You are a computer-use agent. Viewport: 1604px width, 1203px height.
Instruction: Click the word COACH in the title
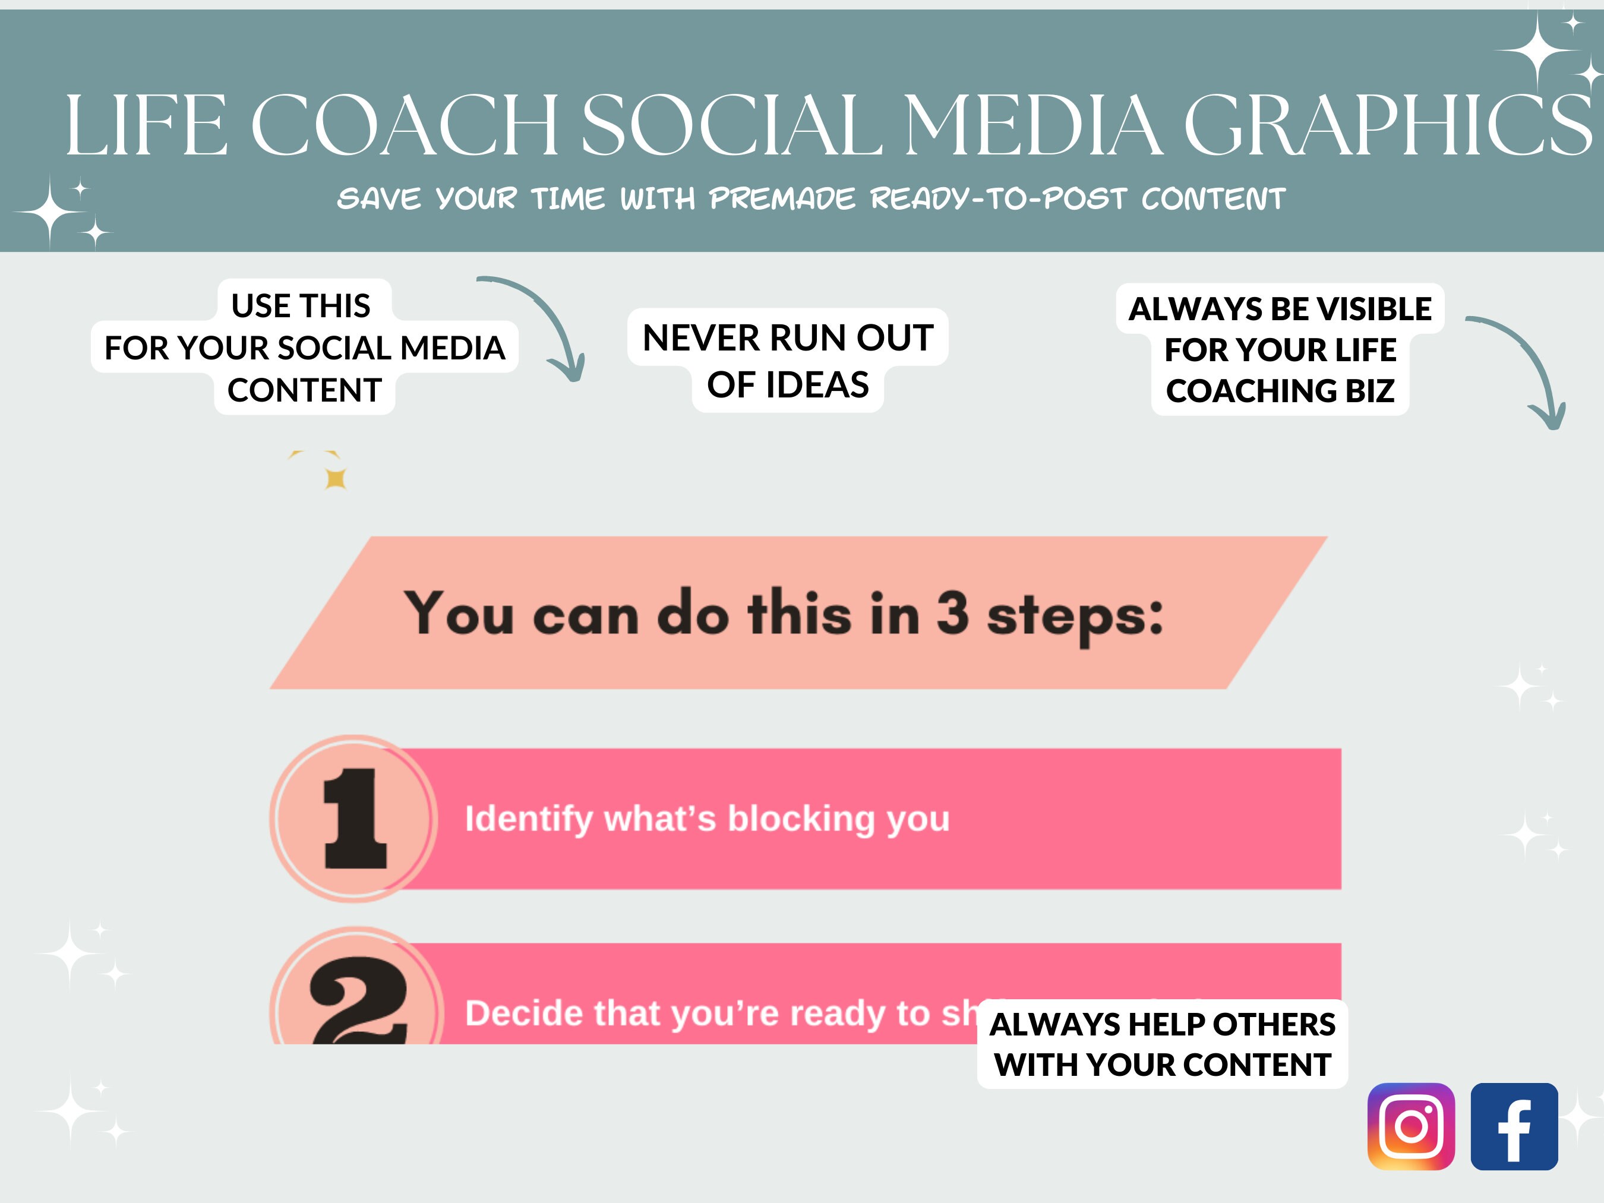coord(405,125)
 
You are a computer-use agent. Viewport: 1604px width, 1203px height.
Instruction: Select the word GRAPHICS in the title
coord(1387,125)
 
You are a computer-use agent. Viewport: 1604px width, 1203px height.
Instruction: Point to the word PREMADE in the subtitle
coord(782,198)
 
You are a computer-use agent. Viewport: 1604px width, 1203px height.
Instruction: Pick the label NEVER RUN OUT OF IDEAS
coord(788,361)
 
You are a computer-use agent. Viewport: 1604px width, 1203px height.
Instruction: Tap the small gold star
coord(335,479)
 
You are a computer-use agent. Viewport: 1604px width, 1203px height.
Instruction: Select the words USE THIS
coord(301,305)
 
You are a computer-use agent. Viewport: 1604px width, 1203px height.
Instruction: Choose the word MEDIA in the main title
coord(1033,125)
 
